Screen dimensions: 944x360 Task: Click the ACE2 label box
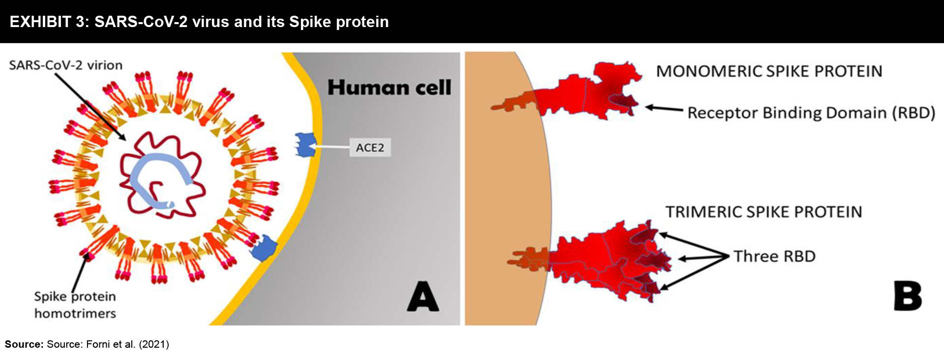[x=370, y=148]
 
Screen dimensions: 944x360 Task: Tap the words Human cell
[x=389, y=88]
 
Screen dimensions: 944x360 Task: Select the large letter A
[x=423, y=297]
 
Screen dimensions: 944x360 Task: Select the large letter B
[x=908, y=296]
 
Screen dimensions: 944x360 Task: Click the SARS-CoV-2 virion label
[x=66, y=65]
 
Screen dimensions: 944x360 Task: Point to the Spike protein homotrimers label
[x=75, y=305]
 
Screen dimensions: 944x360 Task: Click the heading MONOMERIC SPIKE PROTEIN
[x=769, y=71]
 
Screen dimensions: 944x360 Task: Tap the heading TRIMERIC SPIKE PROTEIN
[x=764, y=212]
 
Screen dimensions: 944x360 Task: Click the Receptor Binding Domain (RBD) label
[x=811, y=113]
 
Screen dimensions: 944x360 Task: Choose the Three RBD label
[x=774, y=256]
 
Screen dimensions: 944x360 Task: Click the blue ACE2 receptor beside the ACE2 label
[x=305, y=145]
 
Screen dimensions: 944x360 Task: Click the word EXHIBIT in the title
[x=41, y=22]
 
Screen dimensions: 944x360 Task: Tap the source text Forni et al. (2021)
[x=127, y=344]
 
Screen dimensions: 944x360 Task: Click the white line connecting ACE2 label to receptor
[x=332, y=147]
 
